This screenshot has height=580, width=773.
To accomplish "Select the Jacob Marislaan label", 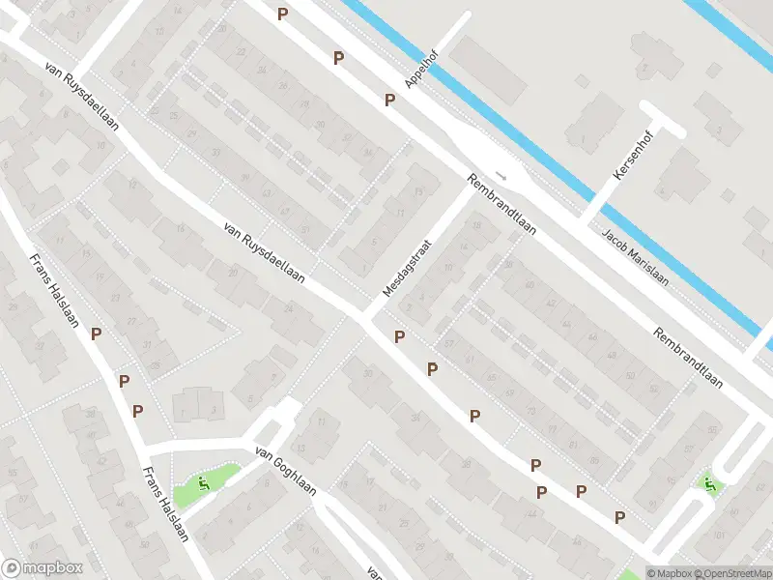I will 635,256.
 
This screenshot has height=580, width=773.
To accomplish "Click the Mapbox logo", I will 42,568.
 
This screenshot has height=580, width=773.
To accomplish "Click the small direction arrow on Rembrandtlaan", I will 501,176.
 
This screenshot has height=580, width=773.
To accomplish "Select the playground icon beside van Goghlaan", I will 202,483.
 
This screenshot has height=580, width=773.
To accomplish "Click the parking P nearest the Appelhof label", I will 390,100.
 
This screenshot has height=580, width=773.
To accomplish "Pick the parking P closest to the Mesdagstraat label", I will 399,336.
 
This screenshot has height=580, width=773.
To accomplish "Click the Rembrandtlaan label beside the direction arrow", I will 502,208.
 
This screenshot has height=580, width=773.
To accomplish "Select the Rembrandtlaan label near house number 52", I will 687,357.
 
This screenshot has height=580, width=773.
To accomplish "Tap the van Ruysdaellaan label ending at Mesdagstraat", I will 263,252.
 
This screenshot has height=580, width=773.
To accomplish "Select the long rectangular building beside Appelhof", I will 487,59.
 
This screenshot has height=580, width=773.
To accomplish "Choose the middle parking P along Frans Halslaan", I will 124,381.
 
